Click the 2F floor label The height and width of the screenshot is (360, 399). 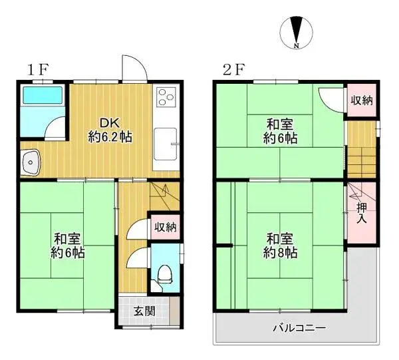click(x=233, y=69)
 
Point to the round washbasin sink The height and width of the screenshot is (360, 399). click(x=30, y=161)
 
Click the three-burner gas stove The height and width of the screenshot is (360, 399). click(x=165, y=98)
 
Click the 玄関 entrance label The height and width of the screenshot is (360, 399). click(x=144, y=310)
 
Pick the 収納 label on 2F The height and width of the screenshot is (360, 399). click(x=362, y=100)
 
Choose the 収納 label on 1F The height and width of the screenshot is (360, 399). click(x=166, y=228)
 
